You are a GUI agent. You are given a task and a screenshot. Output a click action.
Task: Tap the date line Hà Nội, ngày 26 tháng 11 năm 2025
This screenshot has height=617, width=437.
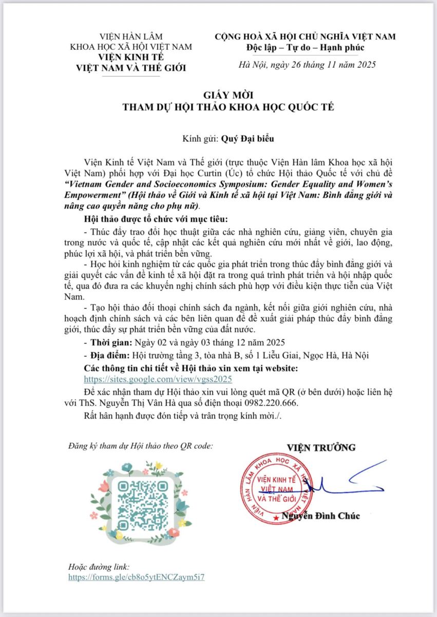(308, 65)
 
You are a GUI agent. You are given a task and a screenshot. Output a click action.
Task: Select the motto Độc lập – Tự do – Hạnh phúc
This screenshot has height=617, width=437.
(305, 48)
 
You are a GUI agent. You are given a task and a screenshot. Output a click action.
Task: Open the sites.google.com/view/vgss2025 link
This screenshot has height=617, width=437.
(158, 378)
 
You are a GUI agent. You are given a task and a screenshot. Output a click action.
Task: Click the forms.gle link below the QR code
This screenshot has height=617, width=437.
(137, 577)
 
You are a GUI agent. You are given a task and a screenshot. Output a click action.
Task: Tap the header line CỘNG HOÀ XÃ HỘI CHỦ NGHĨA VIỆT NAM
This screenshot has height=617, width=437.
(305, 37)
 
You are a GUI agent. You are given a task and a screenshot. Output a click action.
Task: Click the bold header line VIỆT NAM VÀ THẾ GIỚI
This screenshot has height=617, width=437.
(131, 66)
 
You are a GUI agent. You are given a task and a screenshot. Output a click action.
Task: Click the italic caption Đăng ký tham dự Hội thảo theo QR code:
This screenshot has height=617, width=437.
(140, 446)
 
